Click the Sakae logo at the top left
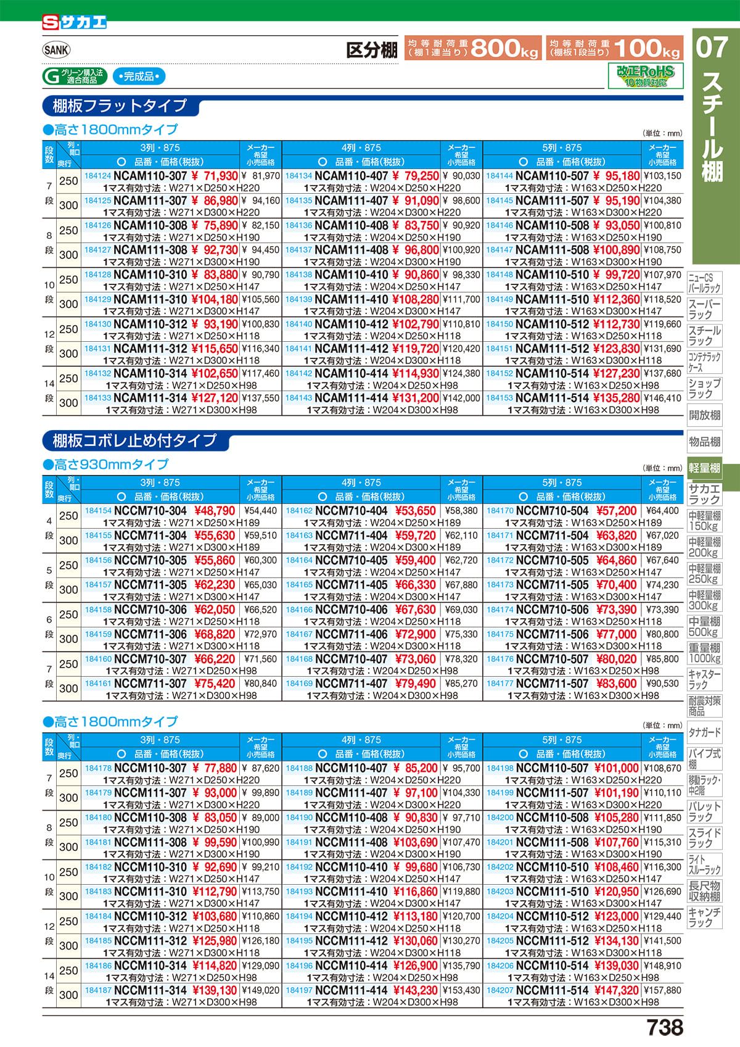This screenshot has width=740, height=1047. (74, 23)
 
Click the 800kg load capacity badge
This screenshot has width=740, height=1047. (472, 48)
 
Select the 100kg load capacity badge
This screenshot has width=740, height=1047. (615, 48)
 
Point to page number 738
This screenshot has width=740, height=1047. (665, 1027)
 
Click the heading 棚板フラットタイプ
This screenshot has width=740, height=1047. (120, 106)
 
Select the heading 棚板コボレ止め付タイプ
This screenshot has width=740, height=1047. (134, 441)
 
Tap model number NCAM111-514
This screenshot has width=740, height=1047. (552, 398)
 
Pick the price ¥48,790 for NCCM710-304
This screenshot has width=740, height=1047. (215, 511)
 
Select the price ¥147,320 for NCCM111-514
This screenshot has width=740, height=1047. (616, 990)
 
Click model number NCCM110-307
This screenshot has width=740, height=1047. (150, 768)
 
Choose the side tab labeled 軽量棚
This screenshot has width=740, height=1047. (704, 468)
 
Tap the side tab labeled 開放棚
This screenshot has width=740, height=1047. (704, 415)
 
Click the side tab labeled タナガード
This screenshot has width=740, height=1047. (704, 732)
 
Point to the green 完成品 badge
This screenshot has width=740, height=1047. (139, 77)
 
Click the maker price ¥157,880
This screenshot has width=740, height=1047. (662, 990)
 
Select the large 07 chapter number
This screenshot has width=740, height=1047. (712, 48)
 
